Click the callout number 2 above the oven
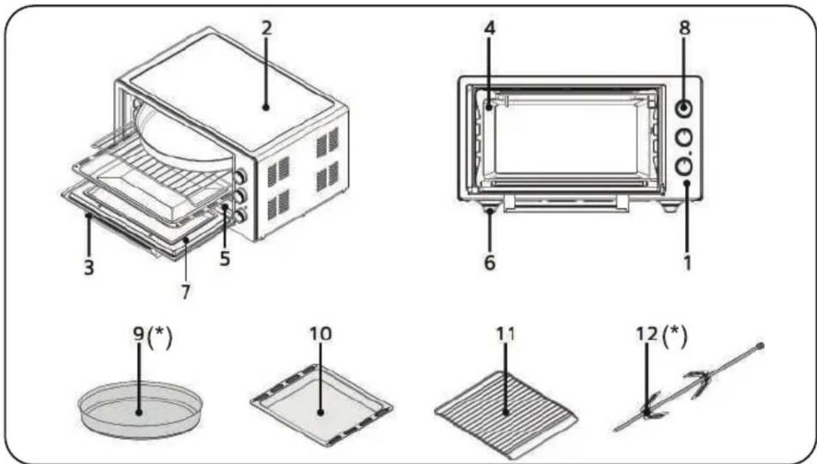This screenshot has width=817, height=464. pyautogui.click(x=267, y=28)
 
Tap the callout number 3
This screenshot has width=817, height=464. pyautogui.click(x=89, y=267)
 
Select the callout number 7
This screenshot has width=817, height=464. pyautogui.click(x=186, y=293)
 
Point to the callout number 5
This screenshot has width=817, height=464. pyautogui.click(x=225, y=258)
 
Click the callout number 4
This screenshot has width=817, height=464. pyautogui.click(x=490, y=28)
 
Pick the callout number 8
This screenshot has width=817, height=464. pyautogui.click(x=685, y=28)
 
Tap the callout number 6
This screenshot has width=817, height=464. pyautogui.click(x=489, y=263)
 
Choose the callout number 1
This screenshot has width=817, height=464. pyautogui.click(x=687, y=263)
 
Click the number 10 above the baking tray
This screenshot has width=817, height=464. pyautogui.click(x=320, y=333)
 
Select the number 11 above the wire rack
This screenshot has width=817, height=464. pyautogui.click(x=506, y=333)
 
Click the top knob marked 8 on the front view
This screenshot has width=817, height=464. pyautogui.click(x=684, y=109)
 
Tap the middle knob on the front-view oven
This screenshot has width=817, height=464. pyautogui.click(x=684, y=138)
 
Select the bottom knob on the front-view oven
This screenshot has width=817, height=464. pyautogui.click(x=684, y=166)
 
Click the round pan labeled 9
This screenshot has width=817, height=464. pyautogui.click(x=140, y=410)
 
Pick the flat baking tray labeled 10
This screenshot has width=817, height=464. pyautogui.click(x=321, y=404)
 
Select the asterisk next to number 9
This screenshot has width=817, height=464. pyautogui.click(x=159, y=333)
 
